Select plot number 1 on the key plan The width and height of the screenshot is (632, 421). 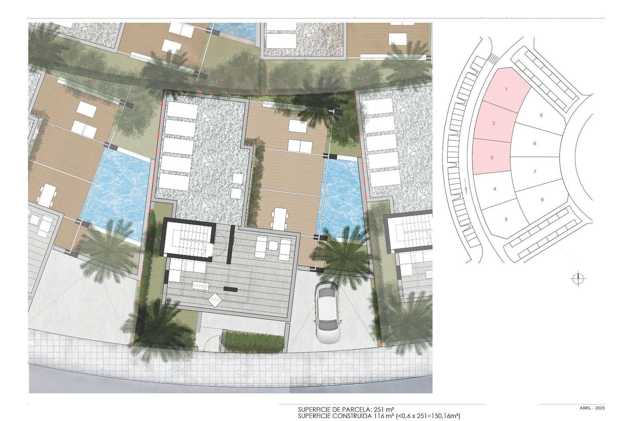(x=506, y=89)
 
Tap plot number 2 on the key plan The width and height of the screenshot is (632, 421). (x=493, y=123)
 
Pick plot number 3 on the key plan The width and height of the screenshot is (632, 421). (x=492, y=158)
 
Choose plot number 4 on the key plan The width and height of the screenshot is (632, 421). (x=495, y=189)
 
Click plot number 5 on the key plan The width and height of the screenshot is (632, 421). (x=506, y=219)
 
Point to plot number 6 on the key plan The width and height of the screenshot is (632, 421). (x=542, y=200)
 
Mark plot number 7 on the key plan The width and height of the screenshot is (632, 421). (x=535, y=171)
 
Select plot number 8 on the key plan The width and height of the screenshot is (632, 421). (x=535, y=143)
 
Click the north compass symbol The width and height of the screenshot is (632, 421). (x=578, y=279)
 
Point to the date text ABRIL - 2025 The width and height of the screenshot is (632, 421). (x=592, y=408)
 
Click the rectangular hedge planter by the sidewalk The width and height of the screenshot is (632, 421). (x=254, y=341)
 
